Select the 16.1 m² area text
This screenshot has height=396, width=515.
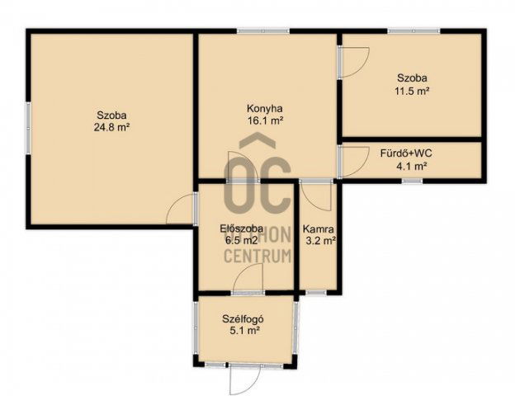(x=265, y=120)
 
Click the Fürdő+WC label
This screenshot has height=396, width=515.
(x=405, y=153)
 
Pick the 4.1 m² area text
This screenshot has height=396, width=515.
(x=411, y=166)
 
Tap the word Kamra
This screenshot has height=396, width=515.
(x=318, y=229)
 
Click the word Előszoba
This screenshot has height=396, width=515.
(x=241, y=229)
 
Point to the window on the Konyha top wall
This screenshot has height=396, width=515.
(x=264, y=31)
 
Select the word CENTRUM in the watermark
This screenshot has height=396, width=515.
(x=257, y=256)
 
